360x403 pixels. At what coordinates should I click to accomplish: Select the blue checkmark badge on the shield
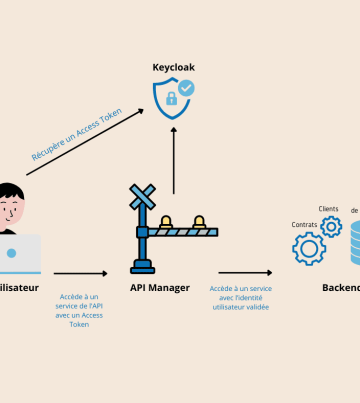(x=186, y=89)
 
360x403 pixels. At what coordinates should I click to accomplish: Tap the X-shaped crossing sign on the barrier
(x=143, y=197)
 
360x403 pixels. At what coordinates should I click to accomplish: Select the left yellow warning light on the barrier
(x=167, y=222)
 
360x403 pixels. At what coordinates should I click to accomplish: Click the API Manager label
(x=160, y=288)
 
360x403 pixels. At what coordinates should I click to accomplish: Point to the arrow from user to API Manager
(x=80, y=272)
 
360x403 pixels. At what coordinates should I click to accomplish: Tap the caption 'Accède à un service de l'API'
(x=81, y=310)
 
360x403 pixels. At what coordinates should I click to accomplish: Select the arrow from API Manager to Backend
(x=244, y=272)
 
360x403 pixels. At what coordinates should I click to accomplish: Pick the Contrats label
(x=304, y=224)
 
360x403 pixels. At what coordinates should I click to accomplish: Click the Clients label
(x=328, y=209)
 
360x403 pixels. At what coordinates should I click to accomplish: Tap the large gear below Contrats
(x=309, y=248)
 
